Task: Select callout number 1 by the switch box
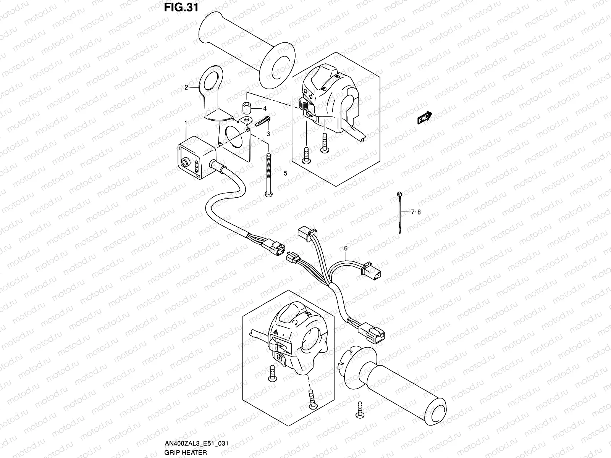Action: click(x=186, y=123)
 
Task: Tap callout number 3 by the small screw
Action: click(x=268, y=134)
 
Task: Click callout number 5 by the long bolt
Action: click(x=284, y=173)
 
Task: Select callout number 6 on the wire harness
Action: click(x=346, y=248)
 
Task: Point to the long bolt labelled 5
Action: click(x=269, y=176)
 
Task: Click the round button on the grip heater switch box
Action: click(x=186, y=163)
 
